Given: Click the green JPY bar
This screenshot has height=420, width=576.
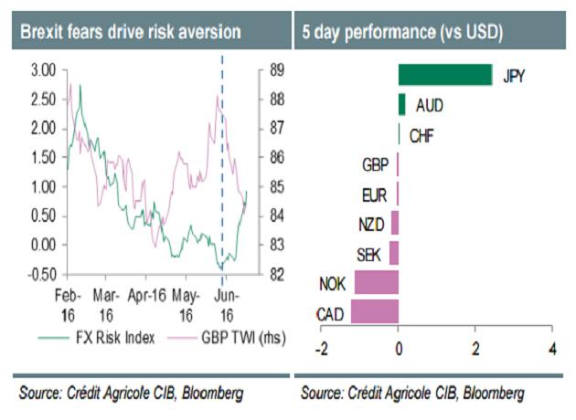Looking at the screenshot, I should [445, 75].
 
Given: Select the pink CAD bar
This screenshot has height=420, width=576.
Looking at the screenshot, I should [377, 312].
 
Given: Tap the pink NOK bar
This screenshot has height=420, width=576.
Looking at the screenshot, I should [377, 283].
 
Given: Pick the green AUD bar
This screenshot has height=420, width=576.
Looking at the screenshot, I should [402, 105].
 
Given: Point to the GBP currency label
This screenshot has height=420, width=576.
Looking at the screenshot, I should [375, 164].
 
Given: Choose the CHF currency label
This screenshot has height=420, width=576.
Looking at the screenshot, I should [421, 136].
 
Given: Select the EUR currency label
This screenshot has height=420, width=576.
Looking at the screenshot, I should [375, 194].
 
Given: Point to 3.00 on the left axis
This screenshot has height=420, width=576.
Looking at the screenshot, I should [43, 69].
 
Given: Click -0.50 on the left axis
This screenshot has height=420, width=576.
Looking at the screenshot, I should [41, 274].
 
